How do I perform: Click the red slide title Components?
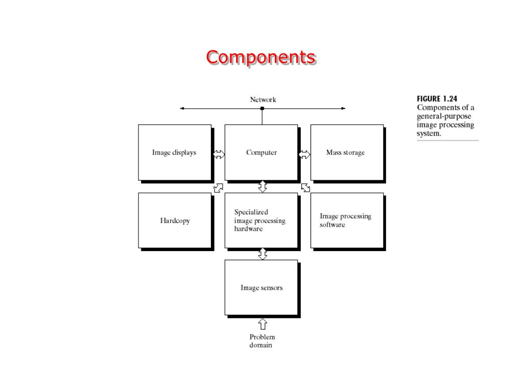[x=260, y=57]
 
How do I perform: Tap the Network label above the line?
[x=263, y=100]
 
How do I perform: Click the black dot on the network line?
[x=263, y=108]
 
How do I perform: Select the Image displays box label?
[x=174, y=153]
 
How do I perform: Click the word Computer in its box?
[x=261, y=153]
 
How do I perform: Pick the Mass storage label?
[x=345, y=153]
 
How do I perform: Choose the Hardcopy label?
[x=175, y=220]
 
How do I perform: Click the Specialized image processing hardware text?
[x=259, y=220]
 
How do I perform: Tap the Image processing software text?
[x=345, y=220]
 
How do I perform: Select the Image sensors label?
[x=261, y=288]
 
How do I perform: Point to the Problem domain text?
[x=262, y=341]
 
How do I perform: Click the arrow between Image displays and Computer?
[x=219, y=154]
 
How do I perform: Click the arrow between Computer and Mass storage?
[x=304, y=154]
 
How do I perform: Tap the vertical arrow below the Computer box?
[x=263, y=186]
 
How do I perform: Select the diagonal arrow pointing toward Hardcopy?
[x=218, y=188]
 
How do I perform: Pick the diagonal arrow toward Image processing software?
[x=306, y=188]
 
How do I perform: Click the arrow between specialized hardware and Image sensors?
[x=263, y=254]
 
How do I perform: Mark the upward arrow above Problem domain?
[x=263, y=324]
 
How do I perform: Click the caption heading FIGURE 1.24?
[x=437, y=99]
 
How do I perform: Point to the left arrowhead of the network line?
[x=182, y=108]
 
